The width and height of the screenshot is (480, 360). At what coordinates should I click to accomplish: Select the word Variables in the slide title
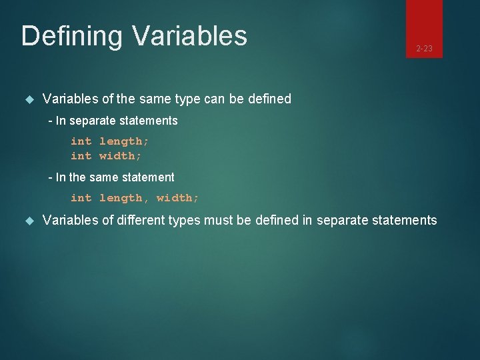[189, 35]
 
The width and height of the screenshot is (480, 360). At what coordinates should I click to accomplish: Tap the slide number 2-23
[424, 48]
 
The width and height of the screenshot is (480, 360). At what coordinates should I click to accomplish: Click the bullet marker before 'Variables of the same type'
[29, 99]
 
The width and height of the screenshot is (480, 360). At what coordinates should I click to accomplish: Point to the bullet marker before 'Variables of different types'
[29, 221]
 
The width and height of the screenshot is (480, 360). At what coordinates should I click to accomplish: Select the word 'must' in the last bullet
[221, 221]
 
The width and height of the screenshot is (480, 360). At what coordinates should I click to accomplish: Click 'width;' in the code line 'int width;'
[120, 156]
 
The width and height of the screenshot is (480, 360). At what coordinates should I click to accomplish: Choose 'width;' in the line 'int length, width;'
[177, 198]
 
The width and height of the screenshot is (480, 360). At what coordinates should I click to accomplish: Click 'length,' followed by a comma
[124, 198]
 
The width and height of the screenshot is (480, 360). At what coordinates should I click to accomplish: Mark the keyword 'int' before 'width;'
[81, 156]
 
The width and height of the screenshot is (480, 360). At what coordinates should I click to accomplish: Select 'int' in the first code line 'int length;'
[81, 141]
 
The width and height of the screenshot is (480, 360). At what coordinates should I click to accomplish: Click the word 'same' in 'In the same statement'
[107, 177]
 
